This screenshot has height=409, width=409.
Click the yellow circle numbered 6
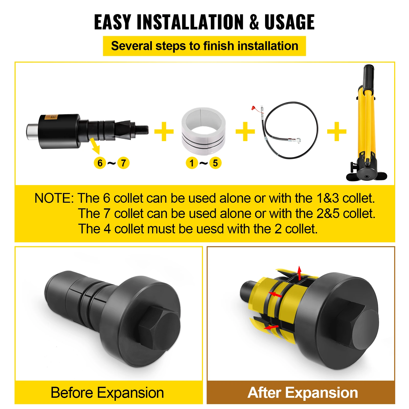(x=100, y=163)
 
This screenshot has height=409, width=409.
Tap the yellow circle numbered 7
(x=123, y=163)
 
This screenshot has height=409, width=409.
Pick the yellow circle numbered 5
(x=215, y=163)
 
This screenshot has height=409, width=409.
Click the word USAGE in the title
(x=289, y=22)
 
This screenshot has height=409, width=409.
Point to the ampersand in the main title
(x=254, y=22)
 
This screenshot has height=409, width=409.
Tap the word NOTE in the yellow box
(x=54, y=198)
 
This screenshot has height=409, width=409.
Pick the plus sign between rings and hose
(x=245, y=131)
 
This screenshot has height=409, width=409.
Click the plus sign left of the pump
(x=337, y=131)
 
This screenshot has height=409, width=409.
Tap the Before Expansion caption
(x=107, y=393)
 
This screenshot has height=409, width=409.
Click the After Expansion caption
(x=303, y=393)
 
